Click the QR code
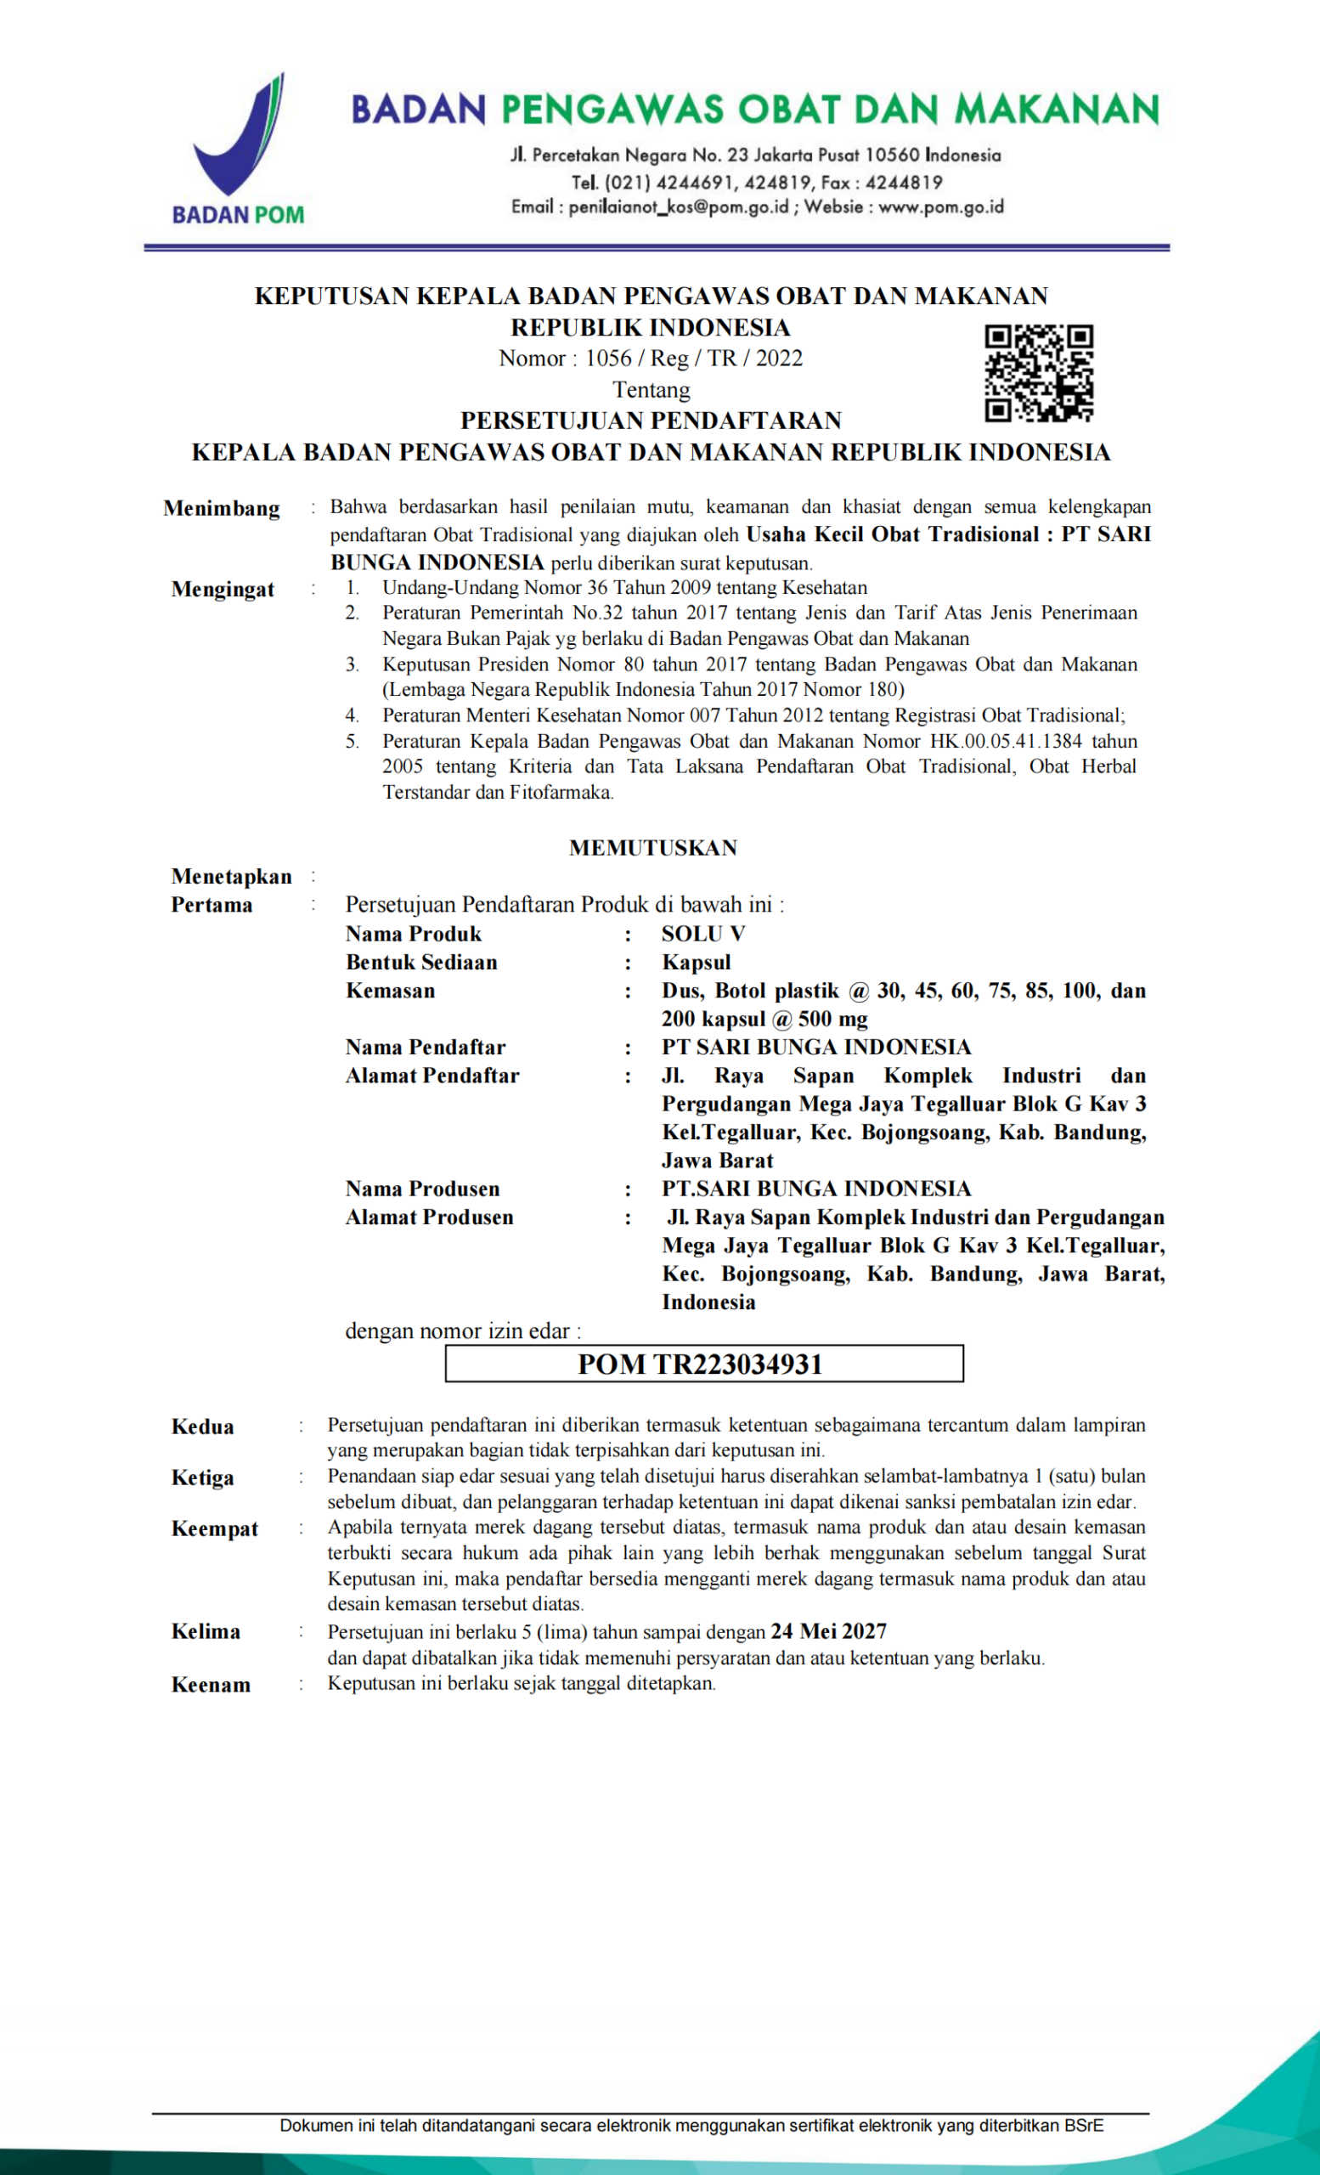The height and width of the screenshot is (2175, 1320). (1039, 372)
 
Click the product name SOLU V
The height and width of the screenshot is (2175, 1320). (703, 934)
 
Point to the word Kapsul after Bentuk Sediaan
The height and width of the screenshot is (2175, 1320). (697, 962)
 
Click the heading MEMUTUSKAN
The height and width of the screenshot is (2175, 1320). (653, 848)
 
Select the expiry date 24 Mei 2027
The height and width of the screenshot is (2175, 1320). (828, 1631)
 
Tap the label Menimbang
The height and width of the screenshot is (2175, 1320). (222, 508)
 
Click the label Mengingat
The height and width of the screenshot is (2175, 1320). (223, 590)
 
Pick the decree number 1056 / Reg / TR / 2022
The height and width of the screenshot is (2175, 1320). (693, 359)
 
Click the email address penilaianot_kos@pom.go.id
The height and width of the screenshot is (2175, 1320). (678, 207)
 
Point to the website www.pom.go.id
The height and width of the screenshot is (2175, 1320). (940, 207)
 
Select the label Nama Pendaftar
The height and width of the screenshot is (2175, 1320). (426, 1048)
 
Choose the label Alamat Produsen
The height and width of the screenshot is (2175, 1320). (429, 1217)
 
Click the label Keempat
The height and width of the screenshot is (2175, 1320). (214, 1528)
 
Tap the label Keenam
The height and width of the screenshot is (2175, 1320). (211, 1684)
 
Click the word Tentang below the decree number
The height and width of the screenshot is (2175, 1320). (652, 390)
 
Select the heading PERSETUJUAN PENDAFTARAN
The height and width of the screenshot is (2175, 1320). (652, 421)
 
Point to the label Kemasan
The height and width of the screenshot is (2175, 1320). (390, 991)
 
